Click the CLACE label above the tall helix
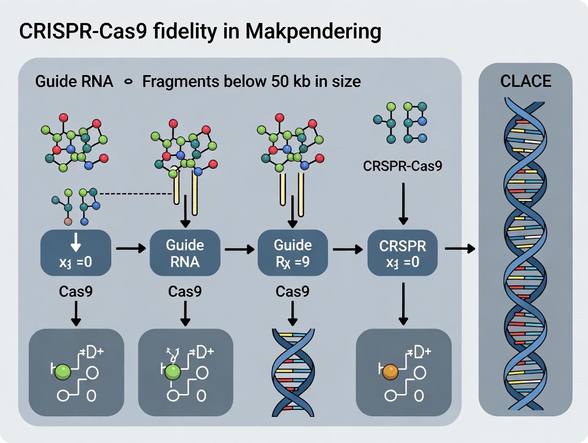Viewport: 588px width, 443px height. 525,81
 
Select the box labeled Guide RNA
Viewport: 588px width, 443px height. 185,252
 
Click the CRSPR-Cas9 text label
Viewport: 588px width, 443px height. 402,166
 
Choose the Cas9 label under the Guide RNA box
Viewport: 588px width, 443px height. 184,292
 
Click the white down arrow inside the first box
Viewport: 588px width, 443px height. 76,243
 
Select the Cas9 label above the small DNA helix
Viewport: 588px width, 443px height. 292,292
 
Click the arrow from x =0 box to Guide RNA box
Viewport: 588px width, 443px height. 131,248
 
